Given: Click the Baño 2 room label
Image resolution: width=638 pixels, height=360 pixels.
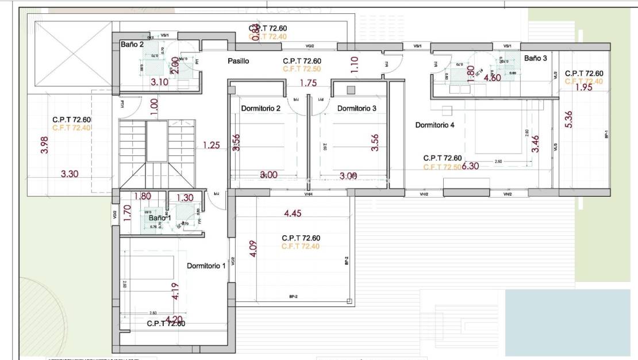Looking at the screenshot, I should [132, 44].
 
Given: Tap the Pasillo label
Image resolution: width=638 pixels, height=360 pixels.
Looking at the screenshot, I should [238, 62].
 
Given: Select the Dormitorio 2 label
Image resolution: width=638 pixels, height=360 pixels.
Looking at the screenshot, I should [261, 108].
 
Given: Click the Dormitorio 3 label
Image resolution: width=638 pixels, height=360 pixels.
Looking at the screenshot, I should [357, 108].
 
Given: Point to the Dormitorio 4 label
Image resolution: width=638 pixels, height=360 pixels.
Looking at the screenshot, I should [435, 124].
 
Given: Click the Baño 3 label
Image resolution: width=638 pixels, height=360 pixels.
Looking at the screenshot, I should [536, 58].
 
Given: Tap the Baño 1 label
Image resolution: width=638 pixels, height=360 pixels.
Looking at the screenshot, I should [160, 218].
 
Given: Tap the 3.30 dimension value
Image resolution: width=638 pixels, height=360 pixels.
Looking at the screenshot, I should [70, 173].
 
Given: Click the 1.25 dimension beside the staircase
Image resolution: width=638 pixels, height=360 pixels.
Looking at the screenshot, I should [212, 145].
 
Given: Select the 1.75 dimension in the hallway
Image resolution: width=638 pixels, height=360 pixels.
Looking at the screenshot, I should [309, 83].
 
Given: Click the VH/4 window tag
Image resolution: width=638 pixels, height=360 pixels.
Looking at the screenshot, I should [309, 194].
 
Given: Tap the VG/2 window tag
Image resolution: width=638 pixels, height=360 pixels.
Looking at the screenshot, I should [309, 46].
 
